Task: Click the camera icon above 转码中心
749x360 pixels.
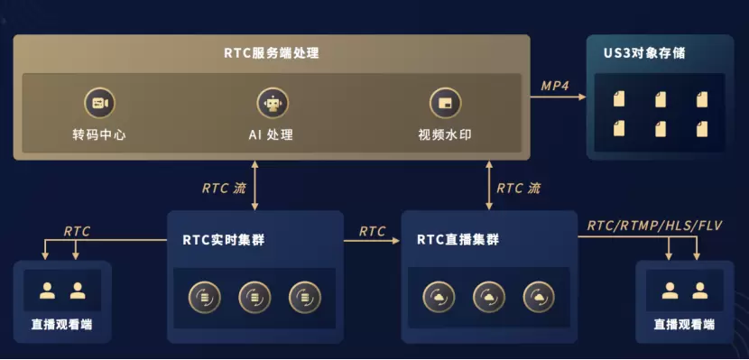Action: pos(100,103)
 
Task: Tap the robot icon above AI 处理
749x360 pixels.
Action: pos(273,103)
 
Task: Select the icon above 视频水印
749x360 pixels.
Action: pos(445,103)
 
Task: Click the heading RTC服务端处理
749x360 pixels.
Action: pos(272,53)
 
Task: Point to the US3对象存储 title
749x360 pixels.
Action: pos(644,53)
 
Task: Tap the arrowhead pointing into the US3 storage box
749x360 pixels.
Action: pos(582,97)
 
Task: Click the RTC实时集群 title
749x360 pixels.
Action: pos(224,240)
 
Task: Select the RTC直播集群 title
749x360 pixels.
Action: pos(458,240)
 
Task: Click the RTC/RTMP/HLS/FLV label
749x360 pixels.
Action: pos(655,226)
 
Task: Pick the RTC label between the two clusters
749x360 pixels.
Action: pos(372,232)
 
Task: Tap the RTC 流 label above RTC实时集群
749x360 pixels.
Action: pos(224,188)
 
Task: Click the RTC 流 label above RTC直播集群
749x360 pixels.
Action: pos(519,188)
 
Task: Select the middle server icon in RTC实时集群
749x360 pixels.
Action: pos(254,298)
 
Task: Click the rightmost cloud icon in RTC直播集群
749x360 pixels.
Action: pos(540,297)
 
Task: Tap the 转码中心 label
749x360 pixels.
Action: pos(99,134)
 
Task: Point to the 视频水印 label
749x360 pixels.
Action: pos(445,134)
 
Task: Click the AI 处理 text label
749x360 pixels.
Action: pos(271,134)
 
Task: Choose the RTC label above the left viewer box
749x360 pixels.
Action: pos(77,232)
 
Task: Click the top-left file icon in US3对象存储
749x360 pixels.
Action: pos(619,99)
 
